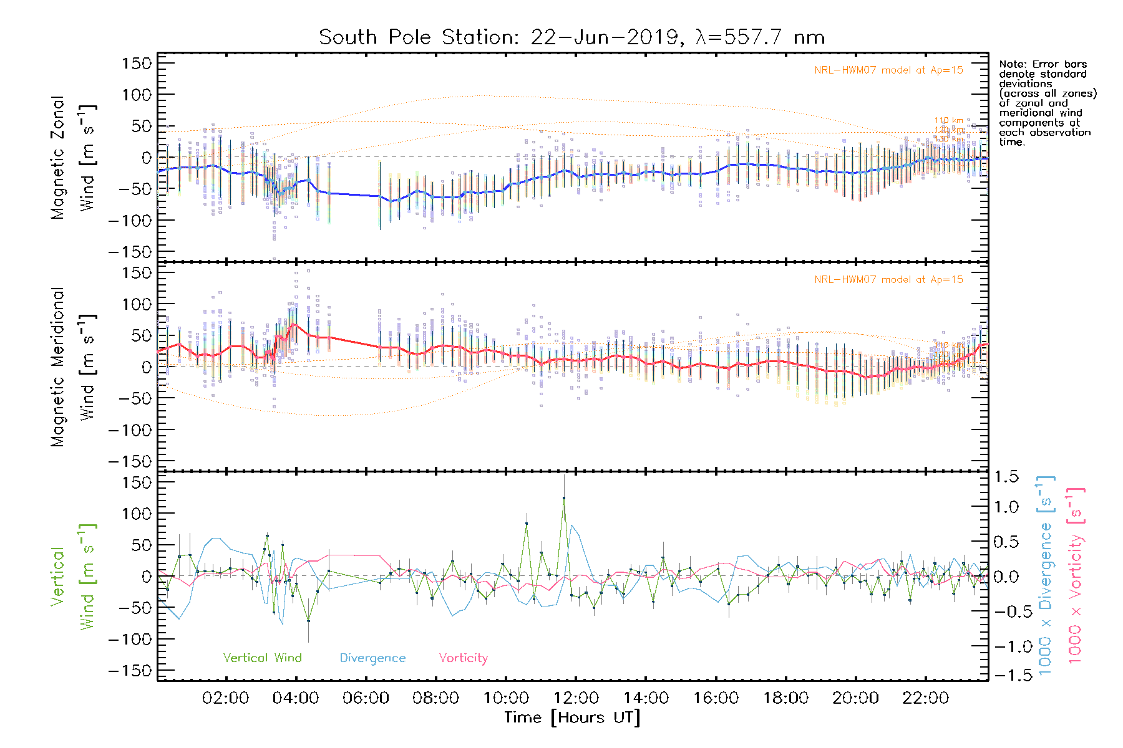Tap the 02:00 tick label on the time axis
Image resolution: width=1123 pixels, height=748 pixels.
point(225,698)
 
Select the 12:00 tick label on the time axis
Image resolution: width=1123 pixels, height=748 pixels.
point(576,698)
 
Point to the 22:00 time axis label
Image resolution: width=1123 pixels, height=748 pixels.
point(926,698)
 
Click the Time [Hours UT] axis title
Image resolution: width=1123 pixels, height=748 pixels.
point(572,717)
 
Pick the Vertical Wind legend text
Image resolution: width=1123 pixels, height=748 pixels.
point(262,658)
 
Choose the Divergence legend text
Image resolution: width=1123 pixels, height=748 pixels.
point(372,658)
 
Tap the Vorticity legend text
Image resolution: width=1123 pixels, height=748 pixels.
point(463,658)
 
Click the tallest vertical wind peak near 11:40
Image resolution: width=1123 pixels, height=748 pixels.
point(564,498)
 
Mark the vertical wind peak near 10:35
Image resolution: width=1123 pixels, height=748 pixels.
point(527,524)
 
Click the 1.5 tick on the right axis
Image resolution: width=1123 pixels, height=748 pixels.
point(1006,477)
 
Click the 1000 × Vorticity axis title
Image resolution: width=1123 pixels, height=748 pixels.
point(1076,576)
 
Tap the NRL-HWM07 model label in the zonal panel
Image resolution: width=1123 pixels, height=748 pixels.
point(888,70)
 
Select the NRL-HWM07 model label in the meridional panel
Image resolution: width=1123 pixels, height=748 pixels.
point(888,280)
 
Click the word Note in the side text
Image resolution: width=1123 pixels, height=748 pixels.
point(1011,64)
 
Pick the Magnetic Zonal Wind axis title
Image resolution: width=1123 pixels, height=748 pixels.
point(73,157)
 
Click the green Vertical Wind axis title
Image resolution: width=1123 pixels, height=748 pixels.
point(73,577)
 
